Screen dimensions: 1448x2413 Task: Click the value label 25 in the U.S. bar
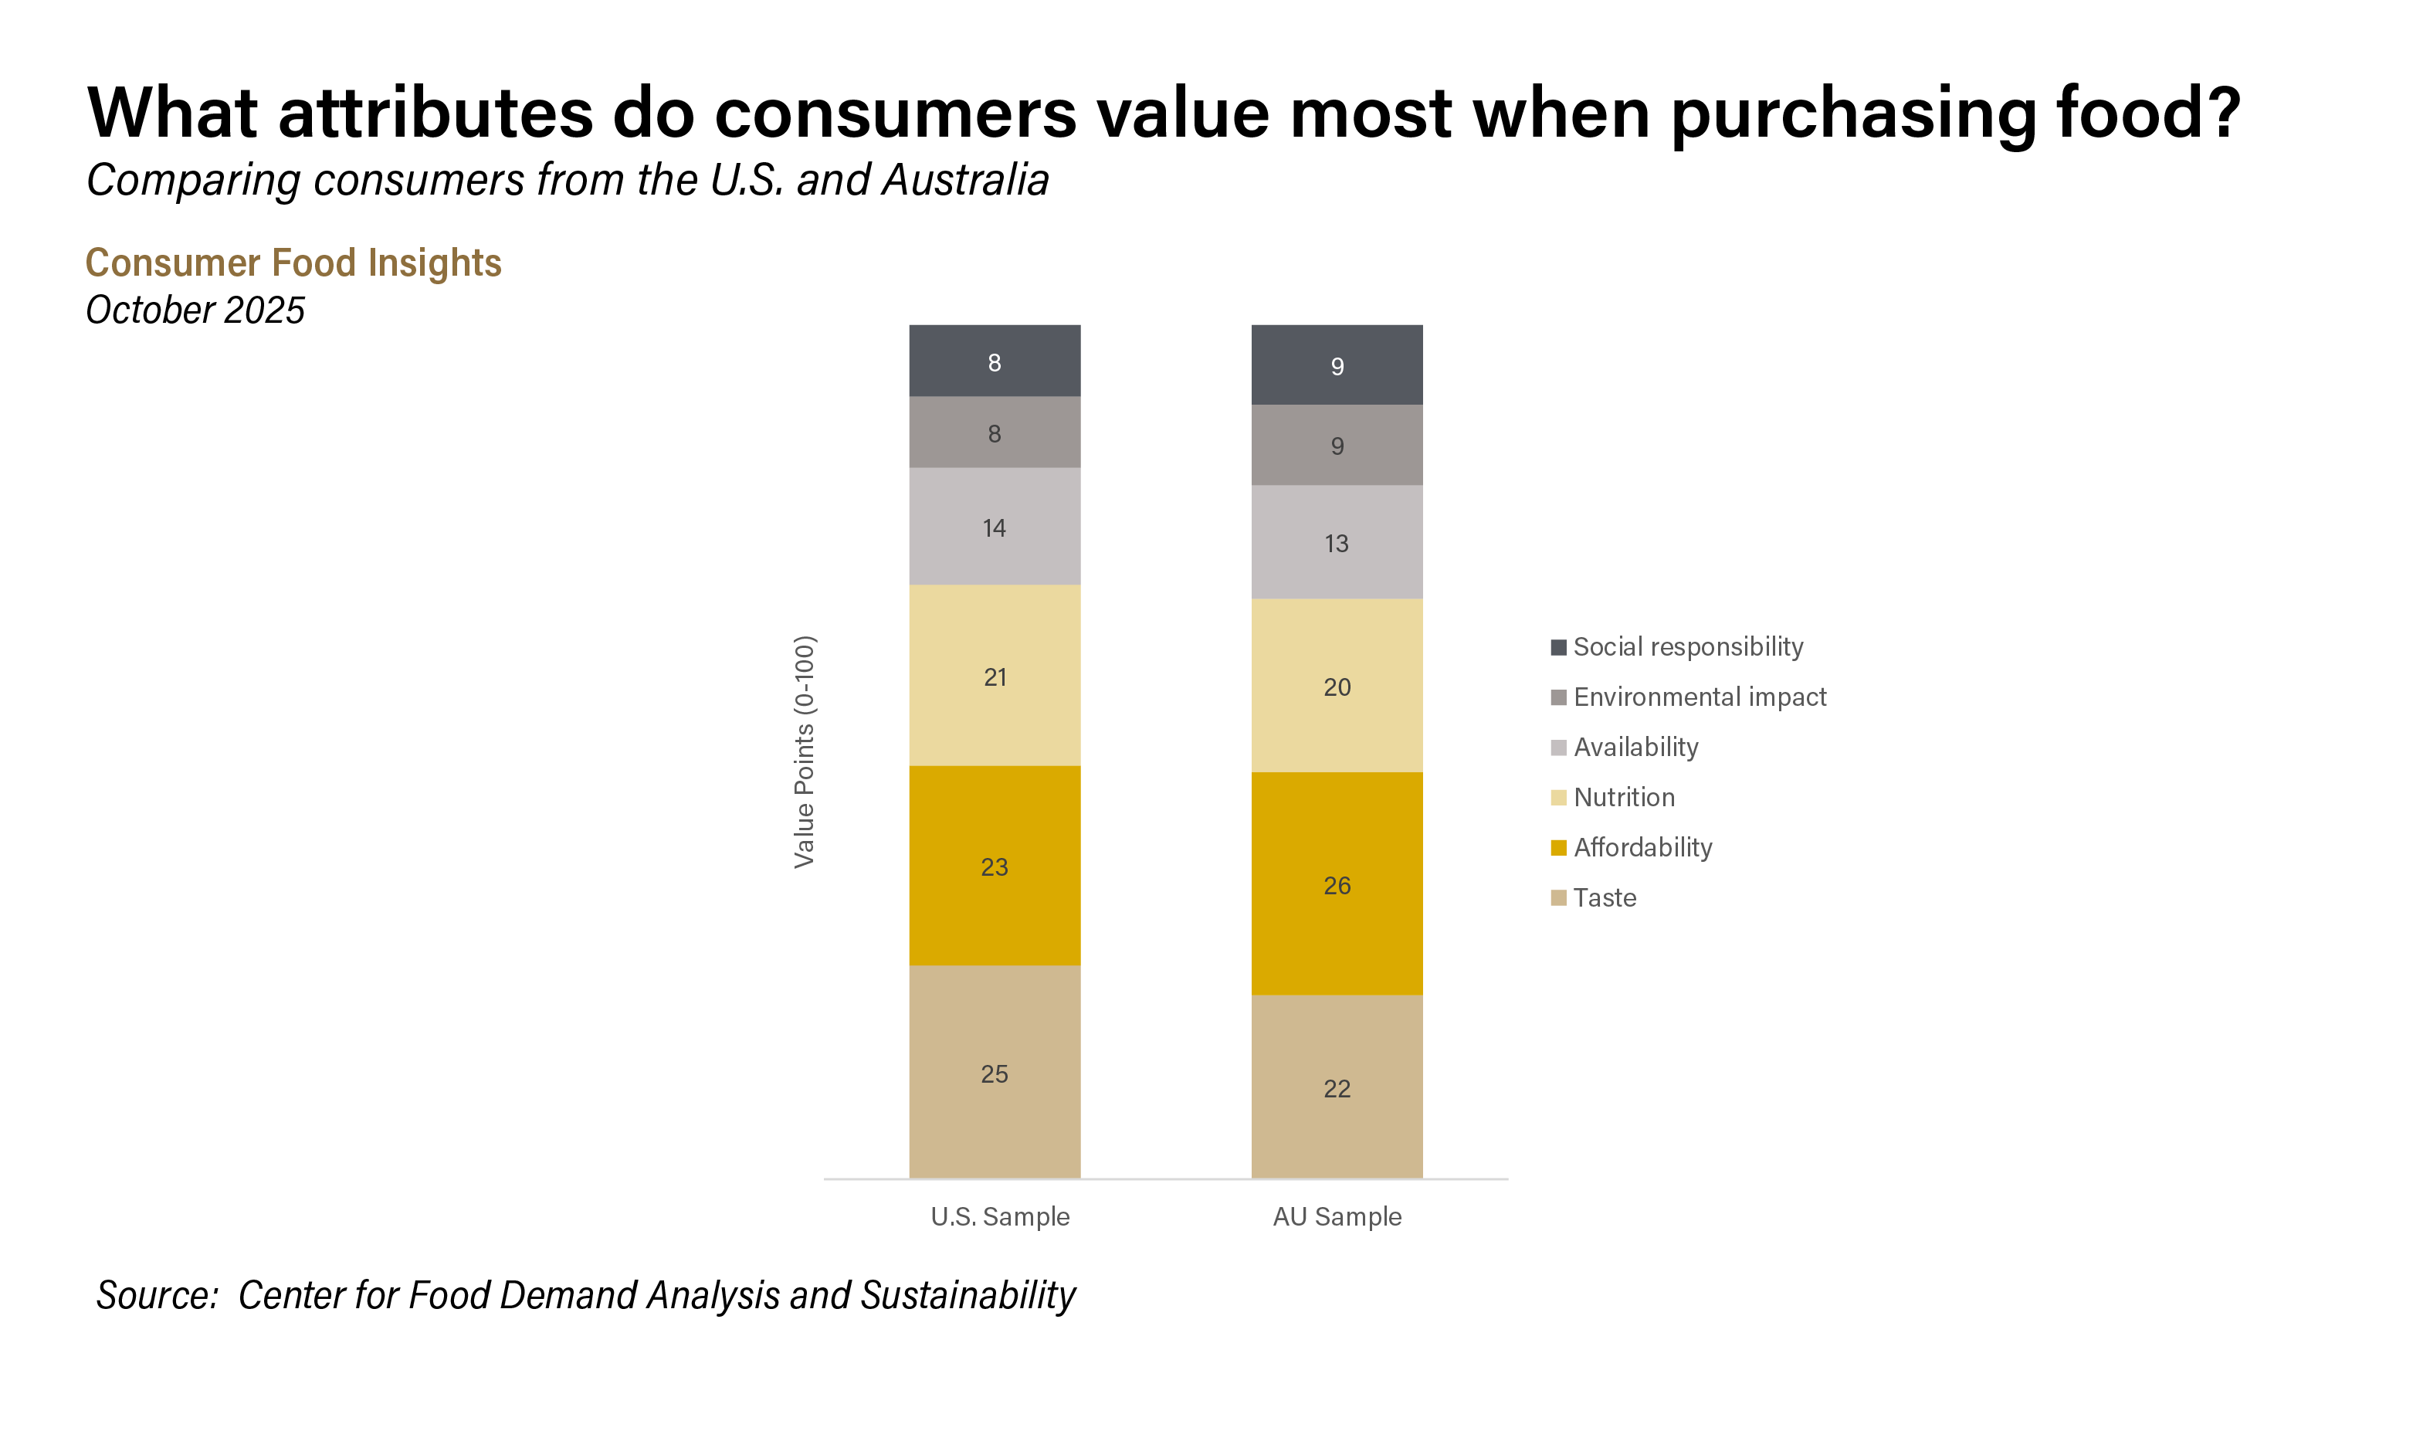click(x=994, y=1074)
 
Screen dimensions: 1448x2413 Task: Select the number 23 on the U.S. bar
click(x=994, y=867)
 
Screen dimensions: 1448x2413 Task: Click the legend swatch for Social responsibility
click(x=1558, y=647)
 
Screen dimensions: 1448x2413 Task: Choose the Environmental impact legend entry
click(x=1699, y=697)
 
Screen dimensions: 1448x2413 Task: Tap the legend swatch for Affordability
click(x=1558, y=848)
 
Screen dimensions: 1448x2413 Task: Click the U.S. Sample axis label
click(x=1000, y=1217)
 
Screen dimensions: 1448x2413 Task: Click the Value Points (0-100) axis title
click(x=804, y=751)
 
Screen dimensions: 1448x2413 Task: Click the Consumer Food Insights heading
click(x=293, y=263)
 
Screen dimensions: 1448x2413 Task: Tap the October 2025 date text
click(x=195, y=310)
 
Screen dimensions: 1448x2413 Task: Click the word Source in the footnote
click(x=156, y=1296)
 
